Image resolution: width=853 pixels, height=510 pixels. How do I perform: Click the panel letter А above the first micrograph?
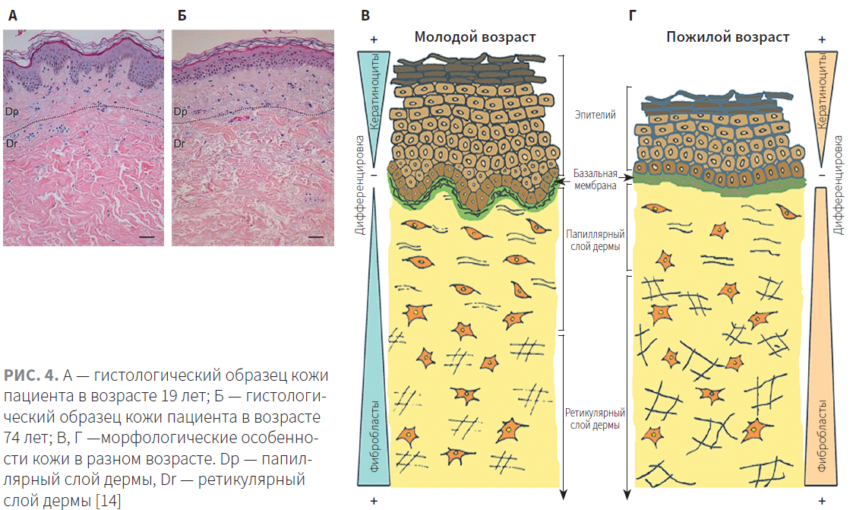[x=12, y=15]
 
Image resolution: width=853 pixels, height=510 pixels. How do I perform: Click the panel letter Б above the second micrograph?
[x=182, y=15]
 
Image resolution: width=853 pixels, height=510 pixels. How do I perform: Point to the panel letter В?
[x=365, y=15]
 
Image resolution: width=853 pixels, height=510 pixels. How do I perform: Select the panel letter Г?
[x=632, y=15]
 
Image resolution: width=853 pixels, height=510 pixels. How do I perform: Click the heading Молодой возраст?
[x=475, y=37]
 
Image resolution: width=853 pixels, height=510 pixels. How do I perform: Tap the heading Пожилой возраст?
[x=728, y=37]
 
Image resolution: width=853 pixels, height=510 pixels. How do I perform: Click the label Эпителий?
[x=596, y=114]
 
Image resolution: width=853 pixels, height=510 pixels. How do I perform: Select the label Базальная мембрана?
[x=596, y=179]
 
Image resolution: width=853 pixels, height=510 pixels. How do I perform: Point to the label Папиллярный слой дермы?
[x=596, y=240]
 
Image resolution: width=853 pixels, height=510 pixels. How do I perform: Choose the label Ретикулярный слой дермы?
[x=596, y=419]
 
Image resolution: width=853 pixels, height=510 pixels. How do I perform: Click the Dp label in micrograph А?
[x=12, y=112]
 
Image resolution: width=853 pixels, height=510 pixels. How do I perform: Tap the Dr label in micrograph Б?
[x=179, y=144]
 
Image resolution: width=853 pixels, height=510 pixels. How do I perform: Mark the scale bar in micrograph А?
[x=147, y=237]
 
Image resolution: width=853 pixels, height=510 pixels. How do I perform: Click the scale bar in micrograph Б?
[x=316, y=237]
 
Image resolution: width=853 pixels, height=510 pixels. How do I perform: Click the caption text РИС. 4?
[x=30, y=375]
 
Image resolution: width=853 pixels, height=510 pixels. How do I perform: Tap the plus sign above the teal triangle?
[x=374, y=40]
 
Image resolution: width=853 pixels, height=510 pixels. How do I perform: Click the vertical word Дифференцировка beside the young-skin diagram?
[x=359, y=185]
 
